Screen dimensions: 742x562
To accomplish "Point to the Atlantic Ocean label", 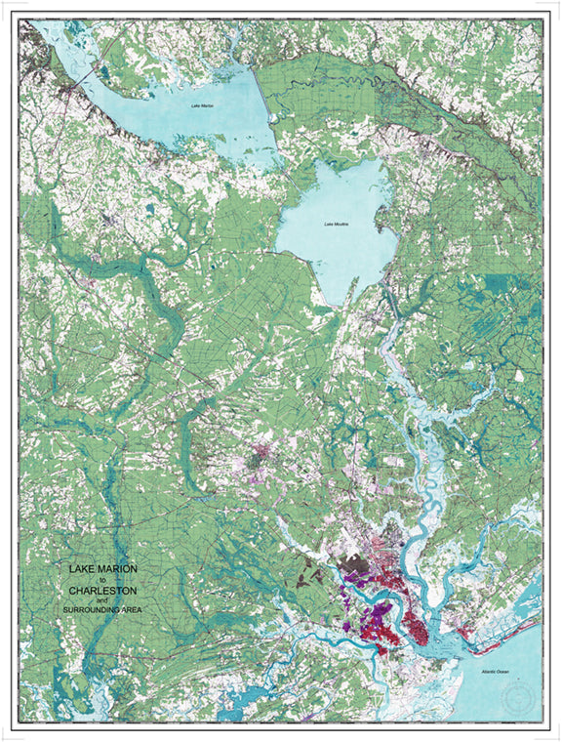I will pyautogui.click(x=484, y=674).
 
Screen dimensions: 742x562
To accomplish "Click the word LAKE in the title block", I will pyautogui.click(x=80, y=568).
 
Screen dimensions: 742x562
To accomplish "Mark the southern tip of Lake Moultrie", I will pyautogui.click(x=338, y=301).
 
